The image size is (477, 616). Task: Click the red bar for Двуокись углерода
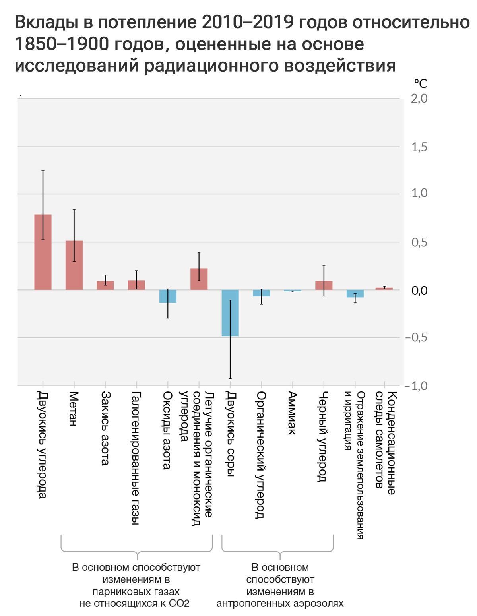[x=43, y=252]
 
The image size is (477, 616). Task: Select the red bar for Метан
[x=74, y=265]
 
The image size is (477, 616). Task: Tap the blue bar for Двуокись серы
[x=230, y=313]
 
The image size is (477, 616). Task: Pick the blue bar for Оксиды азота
[x=167, y=296]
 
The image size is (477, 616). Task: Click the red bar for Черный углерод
[x=324, y=285]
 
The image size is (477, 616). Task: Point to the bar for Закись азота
[x=105, y=285]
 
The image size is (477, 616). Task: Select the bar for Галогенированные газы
[x=136, y=285]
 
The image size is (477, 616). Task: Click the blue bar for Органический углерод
[x=261, y=293]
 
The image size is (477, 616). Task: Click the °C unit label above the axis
[x=420, y=83]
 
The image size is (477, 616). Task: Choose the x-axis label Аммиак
[x=292, y=413]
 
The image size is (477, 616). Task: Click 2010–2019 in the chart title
[x=247, y=22]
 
